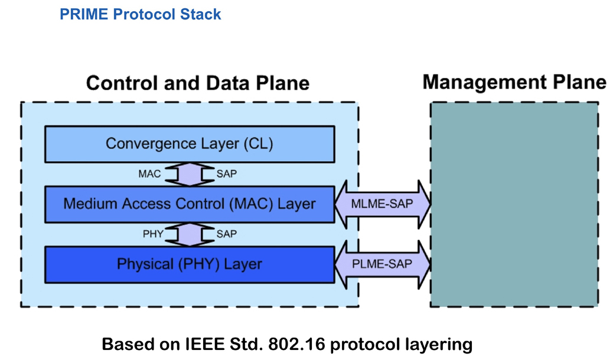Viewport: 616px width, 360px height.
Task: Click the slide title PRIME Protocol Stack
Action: coord(140,15)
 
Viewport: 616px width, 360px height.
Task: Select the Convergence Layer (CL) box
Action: coord(190,144)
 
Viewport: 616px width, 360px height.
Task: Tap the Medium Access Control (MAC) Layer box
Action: coord(190,204)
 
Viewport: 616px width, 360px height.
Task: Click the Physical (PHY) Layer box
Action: coord(190,264)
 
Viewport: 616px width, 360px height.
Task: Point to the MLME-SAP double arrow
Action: coord(383,204)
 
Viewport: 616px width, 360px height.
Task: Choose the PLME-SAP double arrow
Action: coord(383,264)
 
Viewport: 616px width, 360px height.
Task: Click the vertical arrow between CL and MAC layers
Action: coord(190,174)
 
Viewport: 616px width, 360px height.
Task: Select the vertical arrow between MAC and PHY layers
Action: coord(190,235)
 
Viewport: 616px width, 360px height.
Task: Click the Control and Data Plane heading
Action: coord(198,84)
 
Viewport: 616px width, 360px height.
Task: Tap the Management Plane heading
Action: coord(514,83)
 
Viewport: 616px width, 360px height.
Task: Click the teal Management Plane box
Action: coord(514,205)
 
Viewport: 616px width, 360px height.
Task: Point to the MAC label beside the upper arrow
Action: coord(149,174)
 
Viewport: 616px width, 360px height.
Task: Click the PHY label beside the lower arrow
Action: coord(153,234)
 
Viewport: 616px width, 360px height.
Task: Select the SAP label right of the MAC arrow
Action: coord(227,174)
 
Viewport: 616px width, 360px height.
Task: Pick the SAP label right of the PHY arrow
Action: coord(227,234)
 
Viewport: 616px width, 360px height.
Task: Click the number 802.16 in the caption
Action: coord(296,344)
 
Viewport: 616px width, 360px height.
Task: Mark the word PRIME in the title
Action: coord(84,15)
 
